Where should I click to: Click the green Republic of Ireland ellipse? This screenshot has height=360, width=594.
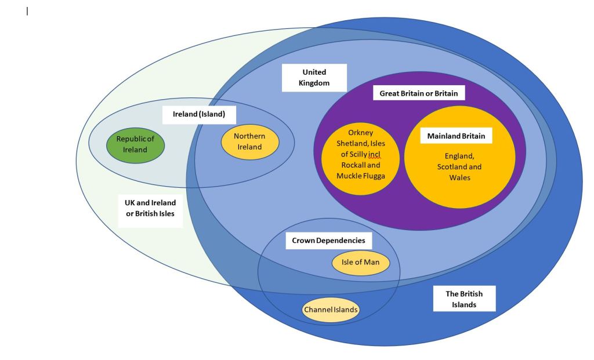click(135, 144)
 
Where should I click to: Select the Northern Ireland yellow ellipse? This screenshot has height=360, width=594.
click(250, 141)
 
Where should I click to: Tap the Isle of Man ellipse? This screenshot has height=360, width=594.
click(360, 263)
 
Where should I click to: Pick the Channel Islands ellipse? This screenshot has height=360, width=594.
click(331, 310)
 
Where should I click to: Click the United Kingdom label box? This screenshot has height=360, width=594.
click(314, 78)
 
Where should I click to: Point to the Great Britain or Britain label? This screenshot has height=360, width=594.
click(418, 93)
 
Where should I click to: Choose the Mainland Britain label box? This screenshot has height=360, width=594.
click(456, 136)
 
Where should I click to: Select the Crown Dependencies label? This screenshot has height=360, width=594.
click(328, 240)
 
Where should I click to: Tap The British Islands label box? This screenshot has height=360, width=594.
click(464, 299)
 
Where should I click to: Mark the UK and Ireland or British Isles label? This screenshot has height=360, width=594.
click(150, 208)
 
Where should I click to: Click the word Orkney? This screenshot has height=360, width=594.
click(361, 133)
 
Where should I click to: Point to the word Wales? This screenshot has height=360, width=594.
click(459, 177)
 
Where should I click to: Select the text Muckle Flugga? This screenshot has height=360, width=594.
click(360, 175)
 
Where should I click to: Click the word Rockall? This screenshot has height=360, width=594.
click(353, 165)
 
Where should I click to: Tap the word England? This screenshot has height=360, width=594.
click(459, 156)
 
